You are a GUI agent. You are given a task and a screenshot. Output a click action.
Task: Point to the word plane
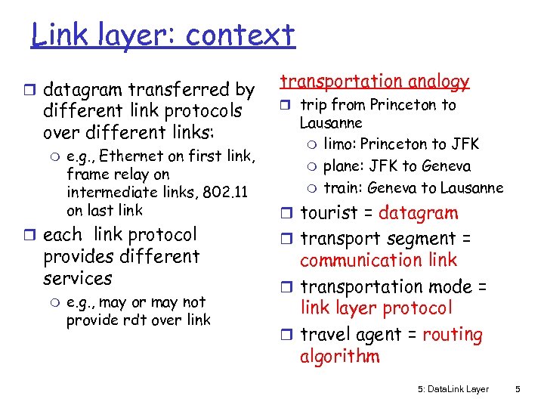pos(342,166)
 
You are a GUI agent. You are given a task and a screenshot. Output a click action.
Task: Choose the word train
pos(341,188)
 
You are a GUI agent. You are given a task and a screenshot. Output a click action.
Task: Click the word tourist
pos(336,214)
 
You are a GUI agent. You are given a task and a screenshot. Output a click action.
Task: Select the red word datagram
pos(418,214)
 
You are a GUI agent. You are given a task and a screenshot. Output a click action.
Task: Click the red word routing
pos(453,335)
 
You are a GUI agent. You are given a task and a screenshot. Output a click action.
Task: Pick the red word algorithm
pos(339,357)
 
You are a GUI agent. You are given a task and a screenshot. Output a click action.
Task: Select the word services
pos(77,278)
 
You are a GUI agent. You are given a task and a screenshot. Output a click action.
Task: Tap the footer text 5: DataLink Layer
pos(453,389)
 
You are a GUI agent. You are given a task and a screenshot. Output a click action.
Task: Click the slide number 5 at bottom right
pos(518,389)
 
